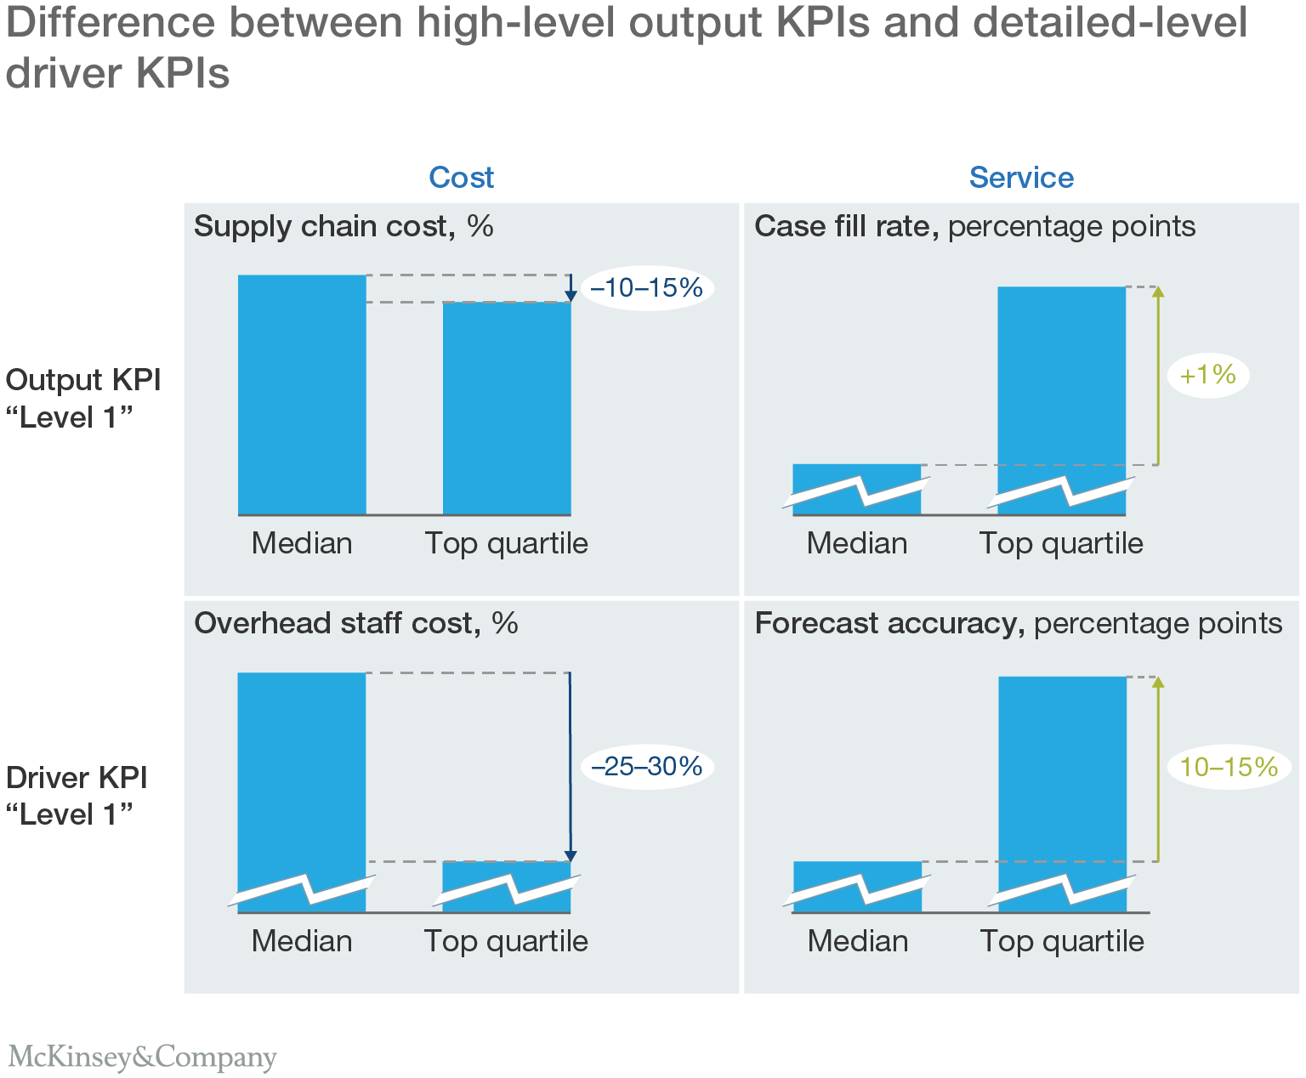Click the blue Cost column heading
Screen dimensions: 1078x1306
tap(461, 177)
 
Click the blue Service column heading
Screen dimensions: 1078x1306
tap(1021, 177)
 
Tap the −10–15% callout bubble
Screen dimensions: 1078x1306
tap(647, 288)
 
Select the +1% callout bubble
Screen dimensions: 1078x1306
tap(1208, 375)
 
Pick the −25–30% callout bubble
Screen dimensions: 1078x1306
tap(647, 767)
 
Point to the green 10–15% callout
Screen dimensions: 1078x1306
tap(1229, 767)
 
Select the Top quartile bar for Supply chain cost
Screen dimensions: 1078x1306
tap(507, 408)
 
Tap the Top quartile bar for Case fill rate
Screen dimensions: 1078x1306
tap(1061, 383)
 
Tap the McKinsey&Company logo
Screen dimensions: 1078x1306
tap(142, 1057)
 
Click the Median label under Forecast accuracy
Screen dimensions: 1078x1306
tap(857, 941)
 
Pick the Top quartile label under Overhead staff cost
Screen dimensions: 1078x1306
tap(506, 941)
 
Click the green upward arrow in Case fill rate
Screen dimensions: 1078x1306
tap(1157, 375)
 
